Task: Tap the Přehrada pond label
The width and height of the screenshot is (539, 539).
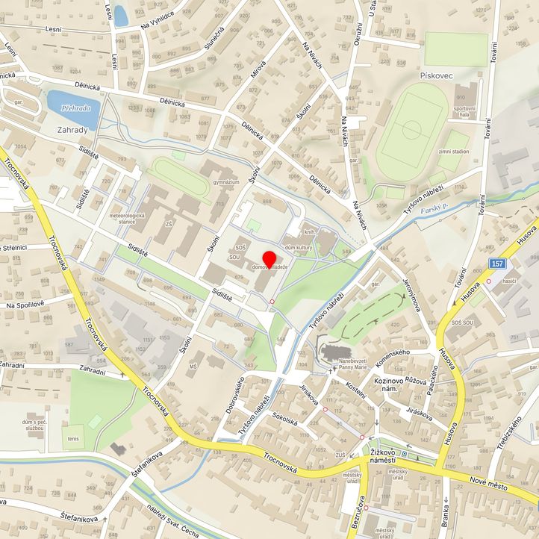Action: click(76, 108)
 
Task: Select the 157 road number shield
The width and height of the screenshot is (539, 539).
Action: click(498, 264)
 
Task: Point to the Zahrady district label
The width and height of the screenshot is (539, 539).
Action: click(72, 129)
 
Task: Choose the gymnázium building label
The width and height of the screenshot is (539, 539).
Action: click(225, 181)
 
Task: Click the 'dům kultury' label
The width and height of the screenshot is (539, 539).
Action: click(298, 246)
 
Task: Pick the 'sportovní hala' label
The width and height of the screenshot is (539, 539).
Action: click(464, 112)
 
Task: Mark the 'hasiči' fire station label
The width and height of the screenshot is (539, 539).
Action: click(511, 281)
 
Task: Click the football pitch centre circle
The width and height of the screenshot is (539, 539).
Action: click(411, 128)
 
